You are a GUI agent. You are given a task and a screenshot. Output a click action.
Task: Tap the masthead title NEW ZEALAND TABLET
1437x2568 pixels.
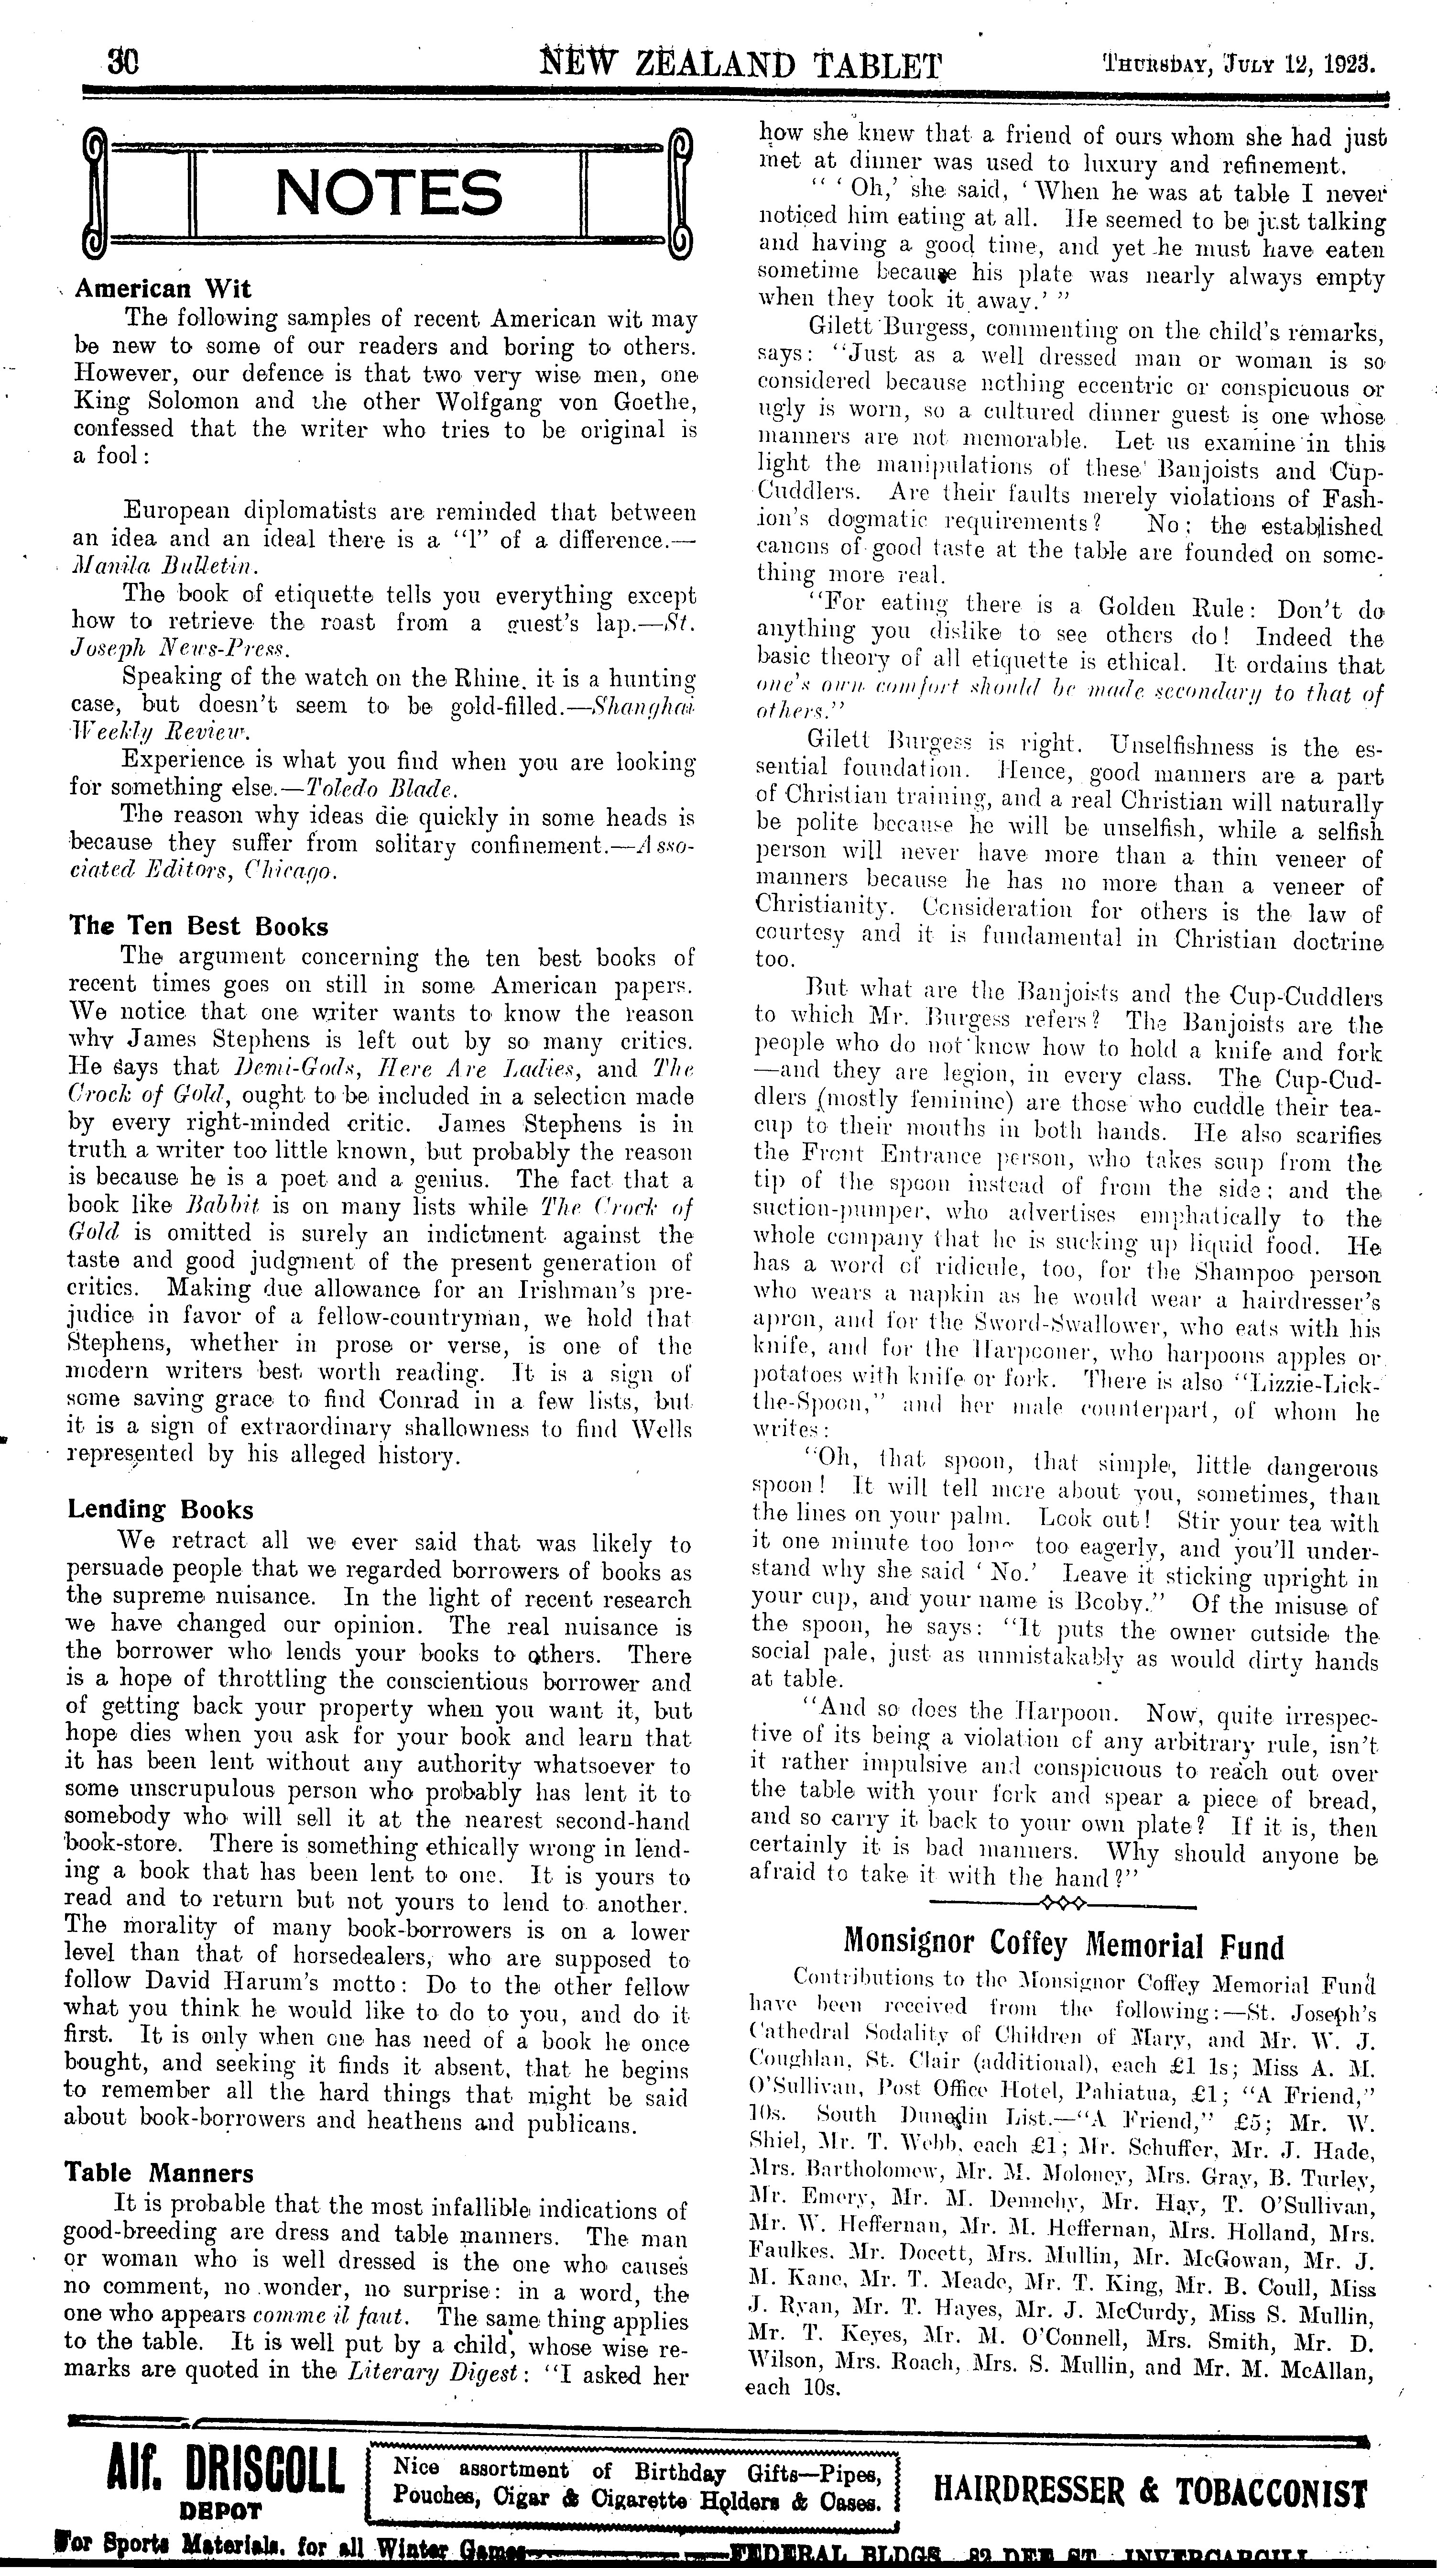(740, 66)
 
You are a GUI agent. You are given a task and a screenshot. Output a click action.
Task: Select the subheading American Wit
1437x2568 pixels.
(163, 289)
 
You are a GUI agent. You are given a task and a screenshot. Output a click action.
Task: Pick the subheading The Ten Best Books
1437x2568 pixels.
(198, 926)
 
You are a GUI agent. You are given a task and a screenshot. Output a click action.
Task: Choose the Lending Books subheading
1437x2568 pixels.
(161, 1509)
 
